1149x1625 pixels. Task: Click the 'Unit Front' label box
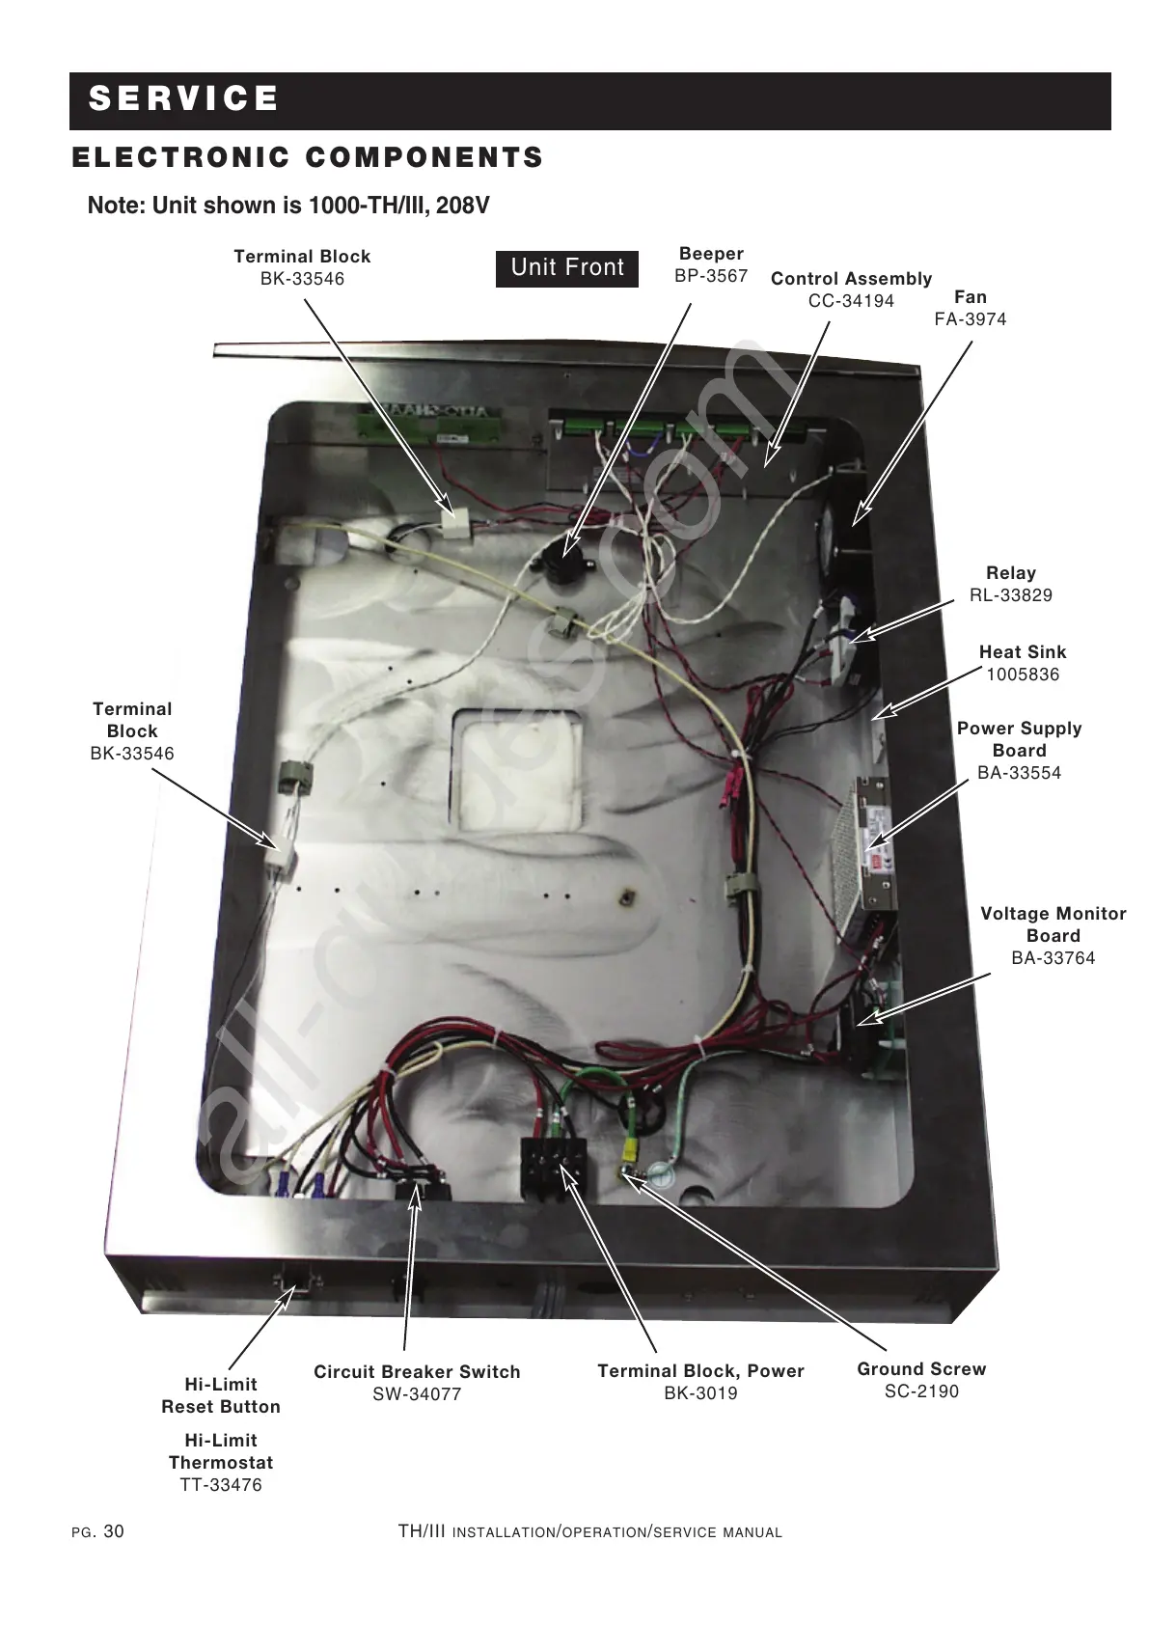(567, 267)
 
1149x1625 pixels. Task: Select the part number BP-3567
(711, 276)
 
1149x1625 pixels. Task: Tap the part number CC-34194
(851, 301)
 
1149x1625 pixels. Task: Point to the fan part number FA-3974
(970, 319)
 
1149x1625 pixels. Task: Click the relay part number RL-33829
(1010, 595)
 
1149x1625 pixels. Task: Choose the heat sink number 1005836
(1022, 675)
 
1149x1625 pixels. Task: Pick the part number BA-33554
(1019, 773)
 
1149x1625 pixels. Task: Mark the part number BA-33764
(1053, 958)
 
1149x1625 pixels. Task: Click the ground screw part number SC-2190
(921, 1391)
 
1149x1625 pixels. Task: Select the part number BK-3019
(700, 1393)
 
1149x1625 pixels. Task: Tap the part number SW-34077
(417, 1394)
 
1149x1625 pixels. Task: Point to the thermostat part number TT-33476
(221, 1485)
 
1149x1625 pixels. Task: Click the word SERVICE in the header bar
(183, 99)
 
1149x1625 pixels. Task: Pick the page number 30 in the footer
(113, 1532)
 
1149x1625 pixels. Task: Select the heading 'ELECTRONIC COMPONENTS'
(308, 158)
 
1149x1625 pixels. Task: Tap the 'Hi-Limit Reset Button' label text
(221, 1395)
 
